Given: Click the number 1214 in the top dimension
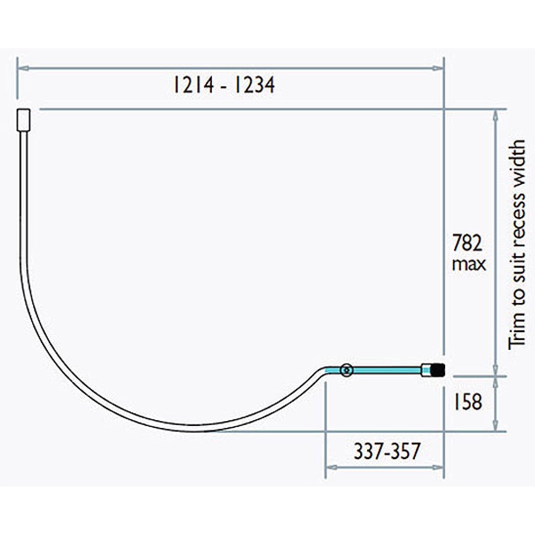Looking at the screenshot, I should (x=193, y=85).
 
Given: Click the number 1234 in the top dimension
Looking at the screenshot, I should (x=254, y=85).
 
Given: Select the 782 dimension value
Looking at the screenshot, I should (x=467, y=243).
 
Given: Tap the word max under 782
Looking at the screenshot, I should (x=468, y=264).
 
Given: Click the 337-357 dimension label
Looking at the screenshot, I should (x=387, y=451).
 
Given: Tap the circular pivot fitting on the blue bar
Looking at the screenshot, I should (x=346, y=370).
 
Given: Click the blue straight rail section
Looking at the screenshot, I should (x=385, y=370).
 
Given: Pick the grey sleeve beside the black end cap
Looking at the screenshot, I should (x=426, y=370).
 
